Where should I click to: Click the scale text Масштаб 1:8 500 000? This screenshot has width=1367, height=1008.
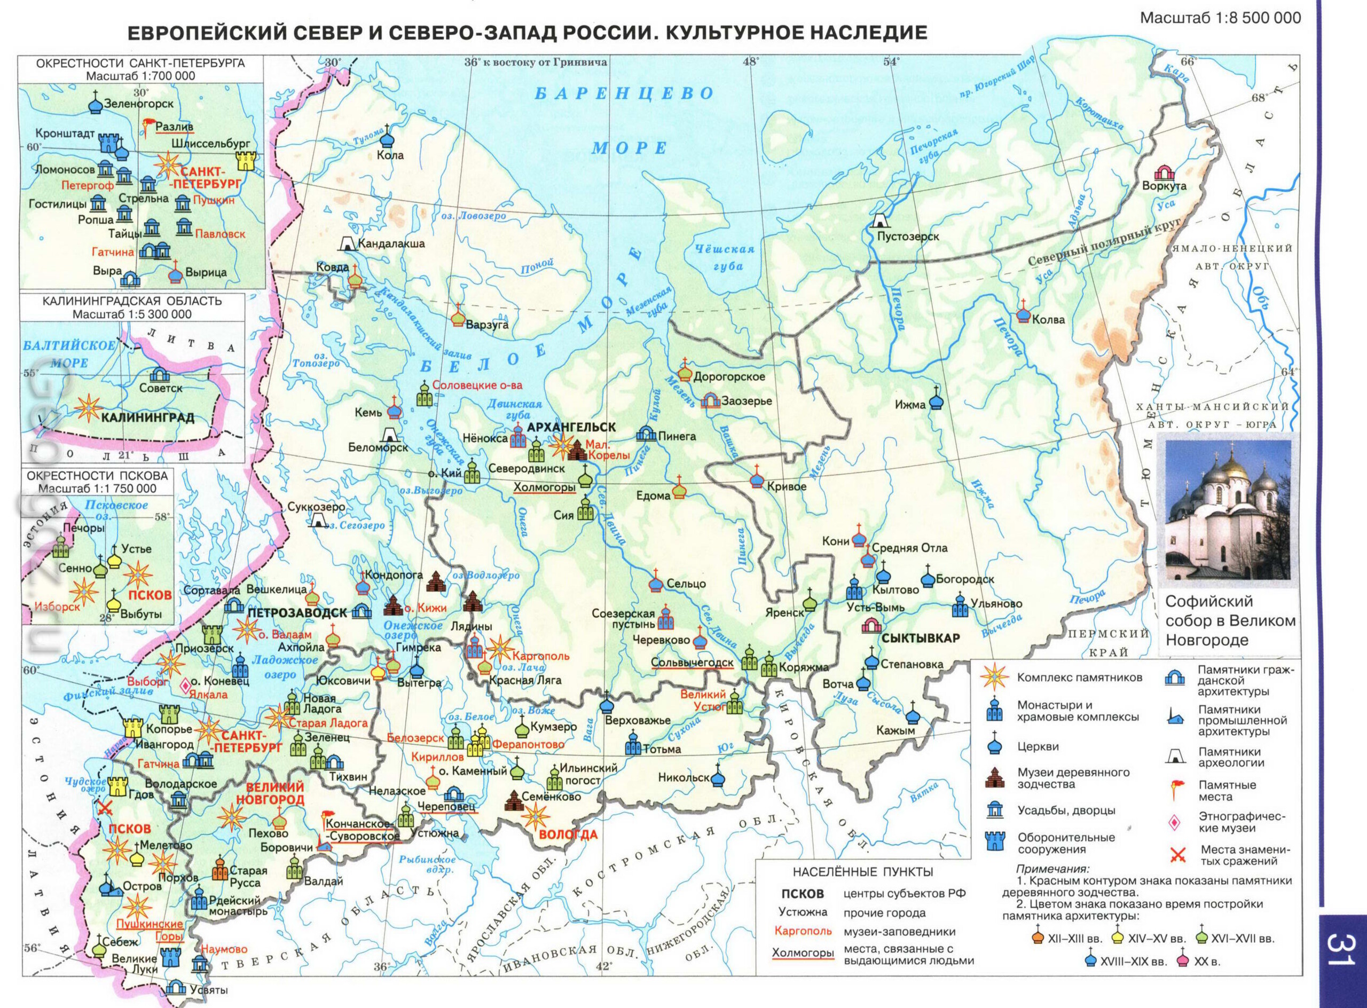[x=1221, y=18]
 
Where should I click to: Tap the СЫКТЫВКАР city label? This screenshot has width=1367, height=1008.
[x=921, y=638]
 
